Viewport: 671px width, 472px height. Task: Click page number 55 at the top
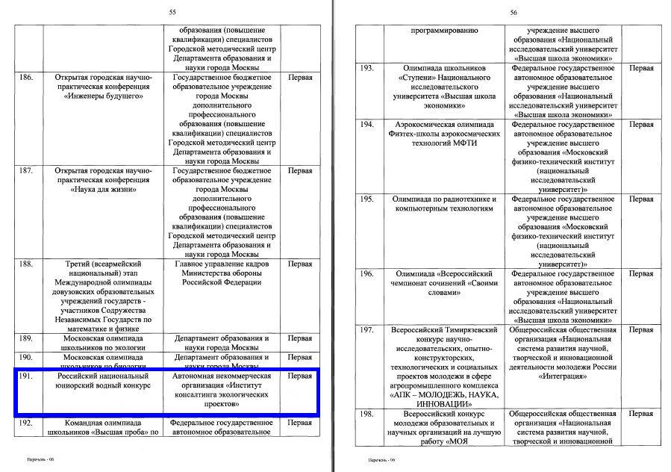point(173,12)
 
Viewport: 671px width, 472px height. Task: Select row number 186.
point(27,77)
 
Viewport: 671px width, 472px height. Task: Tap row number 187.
point(27,170)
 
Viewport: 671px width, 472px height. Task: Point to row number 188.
point(27,264)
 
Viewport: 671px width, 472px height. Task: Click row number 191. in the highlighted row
point(27,376)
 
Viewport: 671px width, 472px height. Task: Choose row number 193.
point(366,68)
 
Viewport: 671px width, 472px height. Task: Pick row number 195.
point(366,199)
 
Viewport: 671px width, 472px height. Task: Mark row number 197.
point(366,330)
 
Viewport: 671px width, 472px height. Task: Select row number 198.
point(366,414)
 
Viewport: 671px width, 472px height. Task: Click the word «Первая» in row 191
point(299,376)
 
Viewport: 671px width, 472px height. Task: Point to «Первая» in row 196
point(640,274)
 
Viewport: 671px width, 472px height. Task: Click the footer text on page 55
point(42,460)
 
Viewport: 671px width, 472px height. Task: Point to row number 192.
point(27,423)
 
